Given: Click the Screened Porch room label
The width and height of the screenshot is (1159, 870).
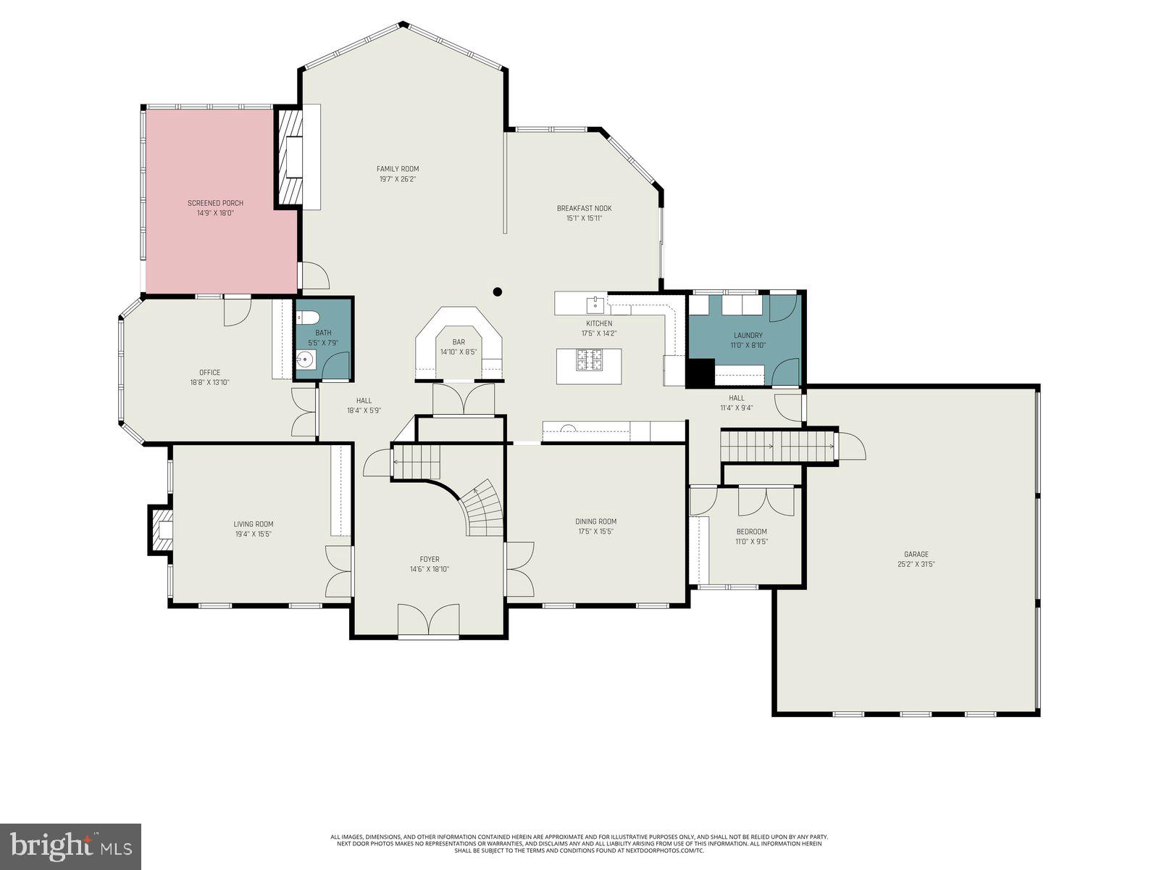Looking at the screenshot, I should click(x=215, y=203).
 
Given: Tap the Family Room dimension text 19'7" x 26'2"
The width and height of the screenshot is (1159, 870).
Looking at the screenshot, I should click(x=398, y=179).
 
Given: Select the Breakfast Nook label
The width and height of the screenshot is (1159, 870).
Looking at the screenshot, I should click(x=584, y=208).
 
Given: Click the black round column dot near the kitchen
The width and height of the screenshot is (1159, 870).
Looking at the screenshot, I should click(x=497, y=292).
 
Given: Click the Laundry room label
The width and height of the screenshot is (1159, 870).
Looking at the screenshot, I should click(x=748, y=335).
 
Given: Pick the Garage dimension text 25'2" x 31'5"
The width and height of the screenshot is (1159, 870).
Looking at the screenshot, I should click(x=916, y=564).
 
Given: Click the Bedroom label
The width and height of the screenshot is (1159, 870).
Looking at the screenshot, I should click(x=751, y=531).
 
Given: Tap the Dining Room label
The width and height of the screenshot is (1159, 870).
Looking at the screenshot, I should click(x=595, y=521).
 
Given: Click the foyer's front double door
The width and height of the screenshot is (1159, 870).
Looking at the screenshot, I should click(x=429, y=621).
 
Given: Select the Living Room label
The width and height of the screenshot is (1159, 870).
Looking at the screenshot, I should click(x=253, y=524).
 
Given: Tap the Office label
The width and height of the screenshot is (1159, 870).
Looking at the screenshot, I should click(x=210, y=373).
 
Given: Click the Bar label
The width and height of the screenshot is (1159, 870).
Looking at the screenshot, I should click(x=459, y=342).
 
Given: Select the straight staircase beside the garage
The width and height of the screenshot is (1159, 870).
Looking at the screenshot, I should click(x=779, y=446).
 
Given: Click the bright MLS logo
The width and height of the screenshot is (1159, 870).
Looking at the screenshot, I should click(x=70, y=845).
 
